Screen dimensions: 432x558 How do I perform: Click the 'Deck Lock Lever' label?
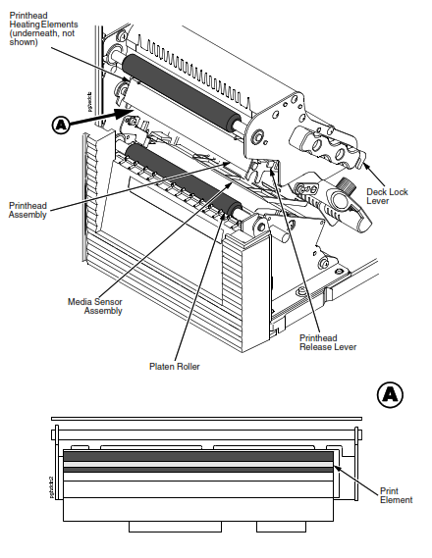click(387, 196)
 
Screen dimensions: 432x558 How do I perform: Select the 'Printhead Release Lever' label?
click(328, 342)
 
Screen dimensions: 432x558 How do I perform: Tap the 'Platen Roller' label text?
click(175, 366)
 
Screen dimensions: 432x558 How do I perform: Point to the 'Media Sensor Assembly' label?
click(95, 306)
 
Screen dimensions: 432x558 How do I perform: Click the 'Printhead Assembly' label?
click(27, 210)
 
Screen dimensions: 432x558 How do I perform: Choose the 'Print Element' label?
click(396, 495)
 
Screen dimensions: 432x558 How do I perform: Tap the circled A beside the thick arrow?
click(61, 125)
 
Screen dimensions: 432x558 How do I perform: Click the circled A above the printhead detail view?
click(390, 394)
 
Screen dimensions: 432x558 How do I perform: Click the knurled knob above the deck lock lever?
click(343, 184)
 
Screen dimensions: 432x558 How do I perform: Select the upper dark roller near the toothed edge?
click(182, 94)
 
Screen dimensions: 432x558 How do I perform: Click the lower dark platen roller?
click(184, 180)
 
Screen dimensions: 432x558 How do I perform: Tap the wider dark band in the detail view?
click(198, 456)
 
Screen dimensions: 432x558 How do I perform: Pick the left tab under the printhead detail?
click(175, 527)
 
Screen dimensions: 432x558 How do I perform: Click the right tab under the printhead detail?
click(281, 527)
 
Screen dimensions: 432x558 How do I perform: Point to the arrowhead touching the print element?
click(337, 468)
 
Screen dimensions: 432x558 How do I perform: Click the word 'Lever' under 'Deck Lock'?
click(378, 201)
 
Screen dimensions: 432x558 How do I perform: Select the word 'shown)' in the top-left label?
click(24, 42)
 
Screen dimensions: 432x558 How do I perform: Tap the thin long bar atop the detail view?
click(206, 419)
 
